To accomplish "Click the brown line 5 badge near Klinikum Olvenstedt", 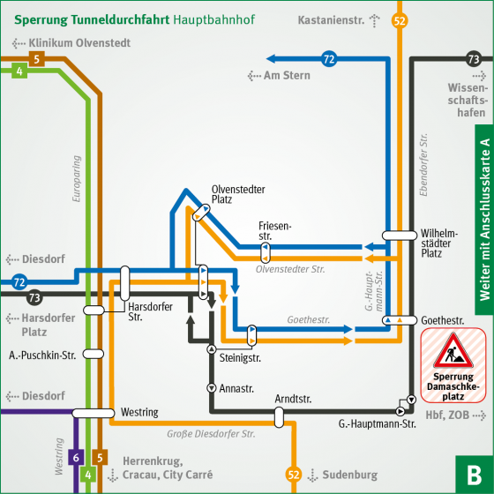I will click(35, 59).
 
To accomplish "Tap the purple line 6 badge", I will click(76, 457).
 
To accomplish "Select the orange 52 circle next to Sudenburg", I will click(293, 475).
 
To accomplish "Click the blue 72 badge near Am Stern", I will click(329, 60).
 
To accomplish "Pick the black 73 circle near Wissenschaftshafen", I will click(474, 60).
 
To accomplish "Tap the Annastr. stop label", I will click(236, 388).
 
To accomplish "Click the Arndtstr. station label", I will click(293, 400).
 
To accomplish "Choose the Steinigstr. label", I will click(240, 358).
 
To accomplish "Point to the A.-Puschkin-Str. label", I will click(42, 355).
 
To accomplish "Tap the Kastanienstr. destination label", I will click(332, 19).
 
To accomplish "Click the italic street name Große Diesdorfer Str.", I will click(211, 433).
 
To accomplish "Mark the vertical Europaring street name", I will click(77, 180).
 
